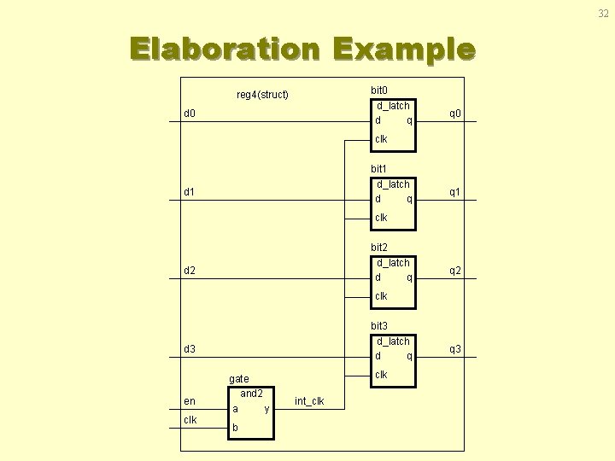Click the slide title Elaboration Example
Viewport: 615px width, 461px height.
pos(302,49)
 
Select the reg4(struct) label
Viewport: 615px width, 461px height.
pos(262,94)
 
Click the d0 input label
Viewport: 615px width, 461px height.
pos(190,113)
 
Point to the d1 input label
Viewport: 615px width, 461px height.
pos(190,191)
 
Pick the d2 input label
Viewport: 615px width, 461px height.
pos(190,271)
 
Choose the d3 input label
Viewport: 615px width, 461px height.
pos(190,349)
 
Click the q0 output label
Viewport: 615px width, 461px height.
pos(455,113)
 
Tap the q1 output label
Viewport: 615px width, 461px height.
pos(455,191)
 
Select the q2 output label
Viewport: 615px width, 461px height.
pos(455,271)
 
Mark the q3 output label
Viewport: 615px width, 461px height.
pos(455,349)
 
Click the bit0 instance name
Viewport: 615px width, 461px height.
pos(379,90)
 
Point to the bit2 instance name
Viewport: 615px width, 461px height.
pos(379,247)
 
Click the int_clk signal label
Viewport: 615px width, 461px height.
pos(308,400)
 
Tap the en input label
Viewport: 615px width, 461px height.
pos(190,400)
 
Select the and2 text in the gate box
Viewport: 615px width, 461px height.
pos(251,394)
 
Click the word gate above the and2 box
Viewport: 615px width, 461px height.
pos(239,378)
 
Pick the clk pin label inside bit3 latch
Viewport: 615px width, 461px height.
pos(381,375)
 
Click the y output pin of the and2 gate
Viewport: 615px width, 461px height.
pos(266,409)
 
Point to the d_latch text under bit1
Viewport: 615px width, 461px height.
pos(393,184)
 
